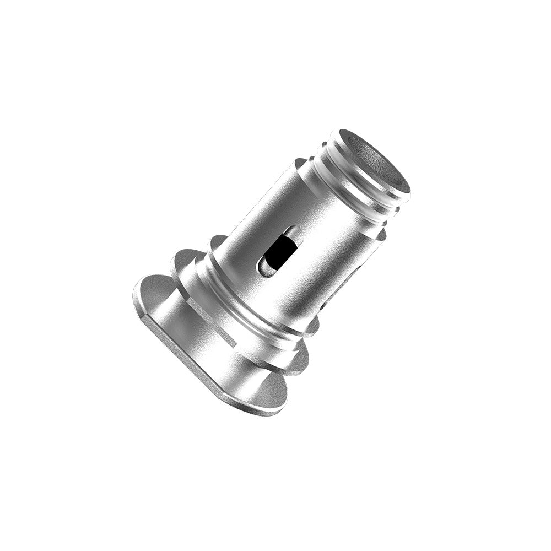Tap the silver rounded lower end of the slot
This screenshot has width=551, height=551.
(x=266, y=269)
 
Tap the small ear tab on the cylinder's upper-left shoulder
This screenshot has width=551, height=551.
(x=300, y=164)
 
